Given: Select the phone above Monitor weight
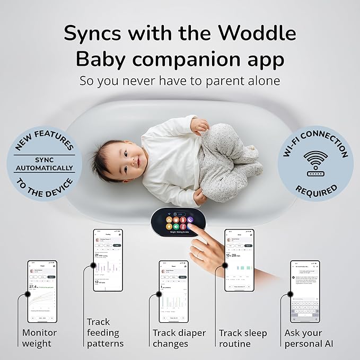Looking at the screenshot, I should tap(42, 291).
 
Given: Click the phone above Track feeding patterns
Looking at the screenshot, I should tap(108, 260).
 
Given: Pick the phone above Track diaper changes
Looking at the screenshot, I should tap(173, 291).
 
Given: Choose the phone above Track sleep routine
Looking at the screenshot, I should tap(239, 260).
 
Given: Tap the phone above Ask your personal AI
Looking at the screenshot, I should tap(305, 291).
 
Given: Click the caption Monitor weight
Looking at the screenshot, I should tap(39, 338).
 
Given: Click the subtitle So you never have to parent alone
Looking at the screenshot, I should tap(180, 81).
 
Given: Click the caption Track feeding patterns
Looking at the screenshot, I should tap(104, 332).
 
